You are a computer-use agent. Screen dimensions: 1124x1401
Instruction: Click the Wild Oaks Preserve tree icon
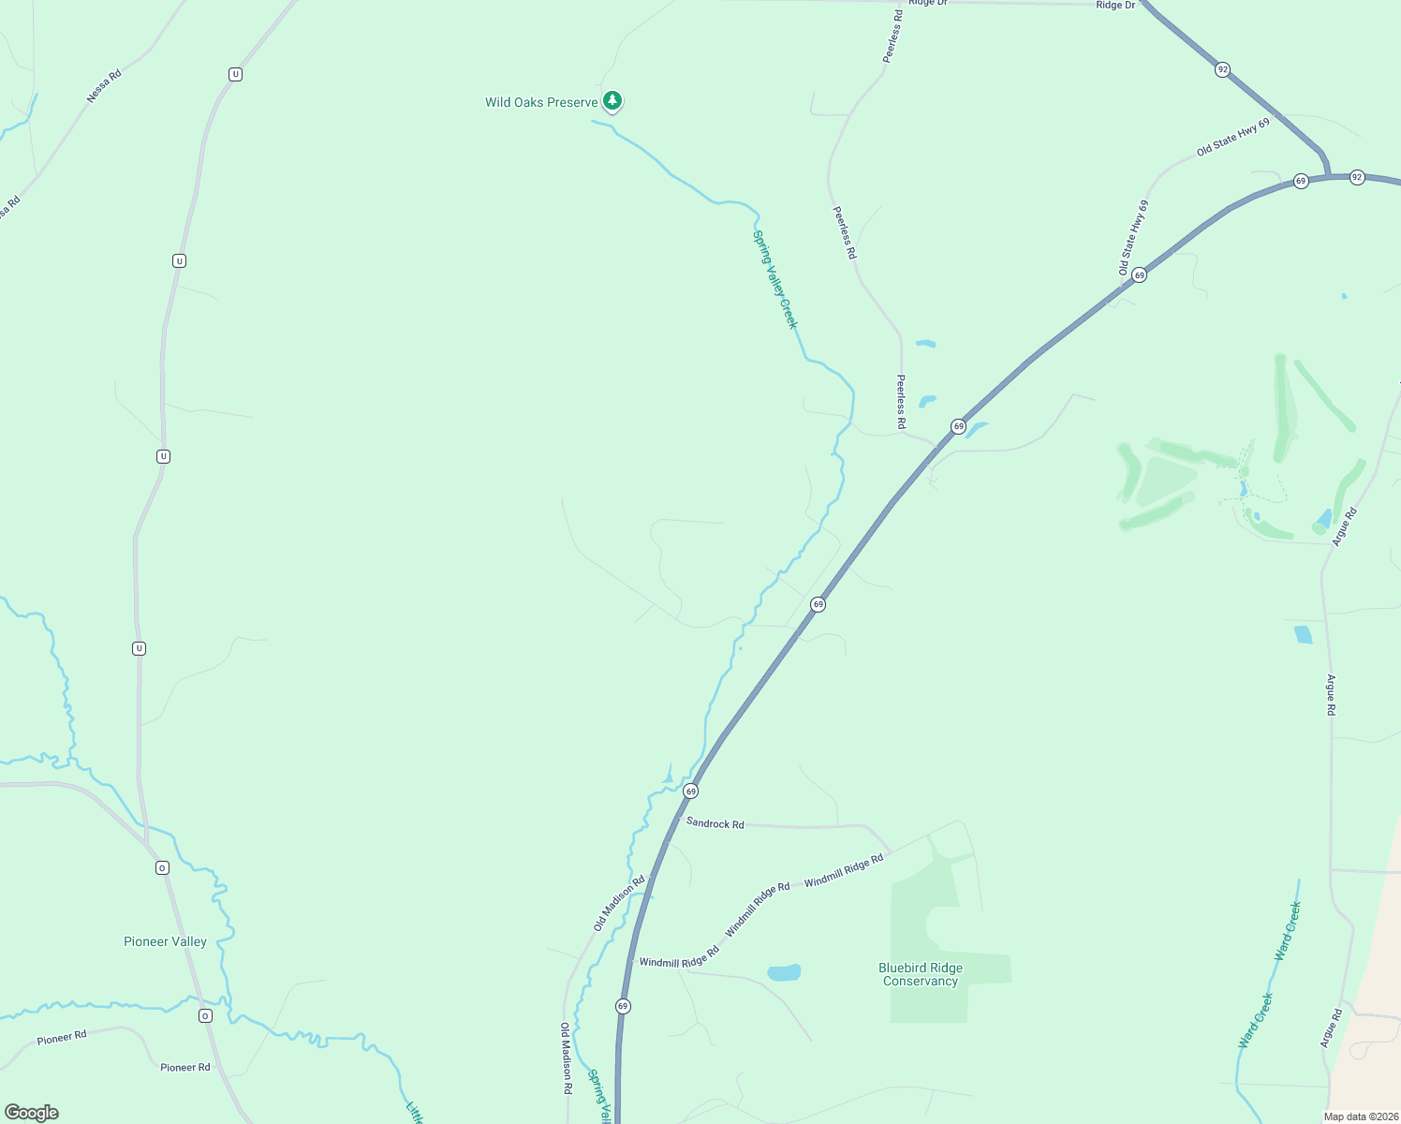[612, 100]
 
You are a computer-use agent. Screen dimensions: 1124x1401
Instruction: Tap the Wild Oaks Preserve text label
[541, 102]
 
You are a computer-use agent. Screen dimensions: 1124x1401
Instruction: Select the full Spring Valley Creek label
[774, 279]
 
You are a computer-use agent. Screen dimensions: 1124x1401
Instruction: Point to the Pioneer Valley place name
[165, 941]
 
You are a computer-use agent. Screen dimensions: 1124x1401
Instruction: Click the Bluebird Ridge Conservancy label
[920, 974]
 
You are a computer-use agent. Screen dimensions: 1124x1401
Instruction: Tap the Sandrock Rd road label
[715, 823]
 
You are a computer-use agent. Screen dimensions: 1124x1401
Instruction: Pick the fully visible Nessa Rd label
[104, 86]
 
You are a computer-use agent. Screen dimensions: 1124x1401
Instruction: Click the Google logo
[32, 1113]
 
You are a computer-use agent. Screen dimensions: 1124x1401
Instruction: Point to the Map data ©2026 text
[1359, 1117]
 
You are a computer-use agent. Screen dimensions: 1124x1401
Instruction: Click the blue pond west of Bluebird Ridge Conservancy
[784, 972]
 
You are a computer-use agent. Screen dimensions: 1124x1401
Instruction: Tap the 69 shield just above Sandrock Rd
[690, 791]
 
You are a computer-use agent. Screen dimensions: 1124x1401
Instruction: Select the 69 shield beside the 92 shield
[1301, 181]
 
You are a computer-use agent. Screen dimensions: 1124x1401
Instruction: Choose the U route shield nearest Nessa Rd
[235, 74]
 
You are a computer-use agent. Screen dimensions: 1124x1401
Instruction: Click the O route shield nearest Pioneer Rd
[205, 1015]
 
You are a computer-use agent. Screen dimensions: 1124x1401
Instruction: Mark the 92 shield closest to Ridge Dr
[1222, 69]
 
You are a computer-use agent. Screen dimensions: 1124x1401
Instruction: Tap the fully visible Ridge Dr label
[1115, 6]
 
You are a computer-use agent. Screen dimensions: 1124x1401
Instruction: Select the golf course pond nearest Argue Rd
[1323, 518]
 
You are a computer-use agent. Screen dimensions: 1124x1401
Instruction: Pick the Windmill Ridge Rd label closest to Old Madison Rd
[679, 957]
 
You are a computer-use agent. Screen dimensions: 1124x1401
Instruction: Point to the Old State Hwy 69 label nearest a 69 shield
[1133, 238]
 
